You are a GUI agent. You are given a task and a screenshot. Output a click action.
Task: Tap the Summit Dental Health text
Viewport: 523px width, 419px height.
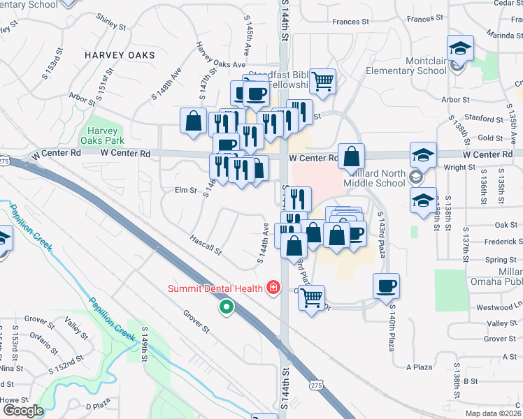pyautogui.click(x=214, y=288)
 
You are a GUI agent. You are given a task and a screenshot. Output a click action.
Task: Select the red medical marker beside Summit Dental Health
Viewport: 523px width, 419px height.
pyautogui.click(x=271, y=288)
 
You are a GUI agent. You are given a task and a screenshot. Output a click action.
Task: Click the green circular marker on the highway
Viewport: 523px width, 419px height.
pyautogui.click(x=226, y=307)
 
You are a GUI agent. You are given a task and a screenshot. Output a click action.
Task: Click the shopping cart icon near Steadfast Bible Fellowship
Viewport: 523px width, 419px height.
pyautogui.click(x=322, y=81)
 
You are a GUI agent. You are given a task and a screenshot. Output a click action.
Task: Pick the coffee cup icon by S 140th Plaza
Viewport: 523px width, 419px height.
pyautogui.click(x=387, y=286)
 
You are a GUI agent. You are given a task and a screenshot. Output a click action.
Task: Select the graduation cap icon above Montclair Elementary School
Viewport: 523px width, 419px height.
pyautogui.click(x=460, y=47)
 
